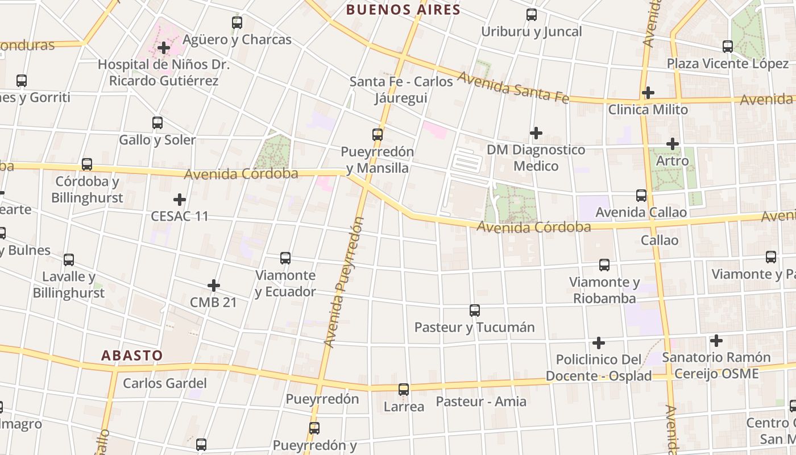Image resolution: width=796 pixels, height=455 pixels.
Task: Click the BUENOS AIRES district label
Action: pyautogui.click(x=403, y=10)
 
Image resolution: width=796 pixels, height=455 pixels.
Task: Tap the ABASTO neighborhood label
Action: pyautogui.click(x=132, y=355)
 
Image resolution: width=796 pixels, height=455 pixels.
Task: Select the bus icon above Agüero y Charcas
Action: pyautogui.click(x=237, y=23)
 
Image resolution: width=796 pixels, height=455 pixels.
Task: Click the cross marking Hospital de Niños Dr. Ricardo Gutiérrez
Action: pyautogui.click(x=164, y=48)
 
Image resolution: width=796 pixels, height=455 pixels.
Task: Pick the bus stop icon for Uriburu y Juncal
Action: pyautogui.click(x=532, y=15)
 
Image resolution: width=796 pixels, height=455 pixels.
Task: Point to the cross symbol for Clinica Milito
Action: pyautogui.click(x=648, y=92)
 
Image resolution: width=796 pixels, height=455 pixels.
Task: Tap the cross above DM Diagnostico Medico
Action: pyautogui.click(x=536, y=133)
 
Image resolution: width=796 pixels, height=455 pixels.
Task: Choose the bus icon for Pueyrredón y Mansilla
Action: pyautogui.click(x=378, y=135)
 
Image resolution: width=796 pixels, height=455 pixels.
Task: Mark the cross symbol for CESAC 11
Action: pyautogui.click(x=180, y=200)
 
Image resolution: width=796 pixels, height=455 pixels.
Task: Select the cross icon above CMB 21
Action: pyautogui.click(x=214, y=285)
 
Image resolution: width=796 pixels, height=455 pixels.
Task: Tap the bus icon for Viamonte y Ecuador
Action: pyautogui.click(x=285, y=258)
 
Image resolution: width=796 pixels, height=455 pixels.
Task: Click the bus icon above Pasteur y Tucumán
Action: pyautogui.click(x=475, y=311)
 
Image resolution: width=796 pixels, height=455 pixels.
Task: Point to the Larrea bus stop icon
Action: pyautogui.click(x=404, y=390)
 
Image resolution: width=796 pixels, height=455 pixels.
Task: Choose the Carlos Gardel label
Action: pyautogui.click(x=165, y=383)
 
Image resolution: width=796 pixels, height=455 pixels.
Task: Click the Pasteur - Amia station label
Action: pyautogui.click(x=481, y=402)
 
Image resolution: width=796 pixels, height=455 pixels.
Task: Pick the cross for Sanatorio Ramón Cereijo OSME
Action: pyautogui.click(x=716, y=341)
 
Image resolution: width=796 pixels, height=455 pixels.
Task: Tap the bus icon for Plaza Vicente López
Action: pyautogui.click(x=728, y=47)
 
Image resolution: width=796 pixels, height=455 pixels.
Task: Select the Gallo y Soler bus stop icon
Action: pyautogui.click(x=157, y=122)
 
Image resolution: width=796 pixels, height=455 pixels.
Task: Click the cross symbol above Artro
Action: pyautogui.click(x=673, y=144)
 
